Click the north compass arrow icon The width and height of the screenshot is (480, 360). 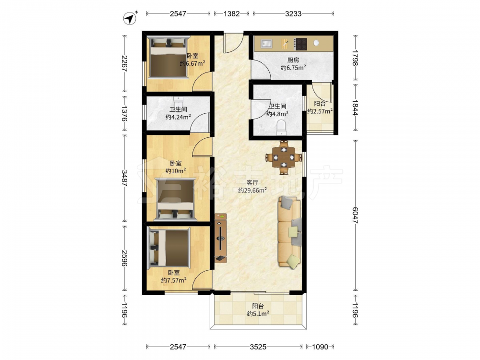tap(130, 18)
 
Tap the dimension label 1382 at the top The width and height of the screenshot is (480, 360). tap(231, 13)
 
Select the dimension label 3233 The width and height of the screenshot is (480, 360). tap(293, 13)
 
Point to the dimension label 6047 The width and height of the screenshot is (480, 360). tap(355, 215)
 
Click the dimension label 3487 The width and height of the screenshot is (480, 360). tap(124, 178)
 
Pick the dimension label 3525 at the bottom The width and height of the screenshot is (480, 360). tap(258, 347)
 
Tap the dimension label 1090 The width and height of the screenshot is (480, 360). tap(320, 347)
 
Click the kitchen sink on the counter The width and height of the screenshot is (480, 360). tap(266, 44)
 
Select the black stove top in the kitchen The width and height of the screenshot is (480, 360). tap(300, 44)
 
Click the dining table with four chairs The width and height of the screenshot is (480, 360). tap(284, 157)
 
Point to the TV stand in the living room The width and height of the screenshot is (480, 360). tap(220, 238)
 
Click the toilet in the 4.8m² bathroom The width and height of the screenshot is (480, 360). tap(281, 127)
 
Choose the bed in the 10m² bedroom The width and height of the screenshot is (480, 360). tap(176, 200)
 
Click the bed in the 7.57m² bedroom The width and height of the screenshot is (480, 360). tap(168, 248)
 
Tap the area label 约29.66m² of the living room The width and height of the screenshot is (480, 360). tap(252, 190)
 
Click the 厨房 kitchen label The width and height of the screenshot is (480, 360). tap(293, 60)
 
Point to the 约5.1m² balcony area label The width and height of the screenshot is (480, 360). tap(258, 313)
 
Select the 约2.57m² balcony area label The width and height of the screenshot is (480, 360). tap(320, 111)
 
